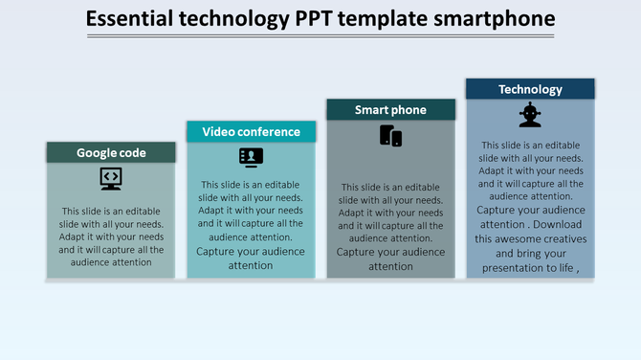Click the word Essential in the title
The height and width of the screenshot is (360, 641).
point(129,19)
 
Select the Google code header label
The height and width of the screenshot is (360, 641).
point(111,152)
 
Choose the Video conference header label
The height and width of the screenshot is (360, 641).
point(251,132)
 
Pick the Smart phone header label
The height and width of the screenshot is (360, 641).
point(390,110)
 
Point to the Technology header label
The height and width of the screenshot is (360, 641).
point(530,89)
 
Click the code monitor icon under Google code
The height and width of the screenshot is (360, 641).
point(111,178)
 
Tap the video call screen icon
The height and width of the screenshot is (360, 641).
point(251,157)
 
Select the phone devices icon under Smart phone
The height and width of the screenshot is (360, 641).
point(390,136)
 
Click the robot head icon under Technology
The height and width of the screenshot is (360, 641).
point(530,115)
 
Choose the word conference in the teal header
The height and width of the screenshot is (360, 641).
point(269,132)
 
